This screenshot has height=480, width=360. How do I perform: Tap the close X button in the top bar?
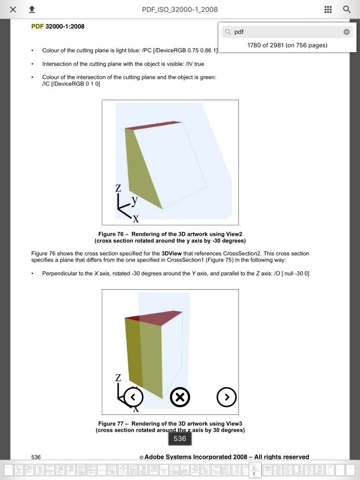click(x=13, y=9)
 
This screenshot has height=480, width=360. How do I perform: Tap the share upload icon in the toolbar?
click(x=32, y=9)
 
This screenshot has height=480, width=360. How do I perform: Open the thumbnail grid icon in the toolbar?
click(x=328, y=9)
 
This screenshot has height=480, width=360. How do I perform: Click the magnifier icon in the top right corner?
click(x=347, y=9)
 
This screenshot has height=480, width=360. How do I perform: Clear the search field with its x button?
click(x=346, y=32)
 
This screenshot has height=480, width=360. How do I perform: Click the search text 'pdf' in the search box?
click(x=239, y=32)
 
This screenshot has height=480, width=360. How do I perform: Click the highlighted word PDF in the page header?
click(x=38, y=26)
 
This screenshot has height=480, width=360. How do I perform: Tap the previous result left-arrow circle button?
click(x=133, y=397)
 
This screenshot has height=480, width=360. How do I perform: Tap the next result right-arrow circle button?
click(x=227, y=397)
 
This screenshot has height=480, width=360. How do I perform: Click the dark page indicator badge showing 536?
click(x=180, y=439)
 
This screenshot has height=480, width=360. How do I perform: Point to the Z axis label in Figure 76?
click(x=118, y=188)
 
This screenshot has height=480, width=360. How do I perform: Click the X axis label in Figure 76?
click(x=136, y=219)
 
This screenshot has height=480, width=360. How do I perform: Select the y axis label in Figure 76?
click(x=134, y=200)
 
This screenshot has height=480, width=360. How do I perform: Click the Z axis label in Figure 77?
click(x=118, y=378)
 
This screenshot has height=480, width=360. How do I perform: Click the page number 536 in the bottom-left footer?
click(x=36, y=457)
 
